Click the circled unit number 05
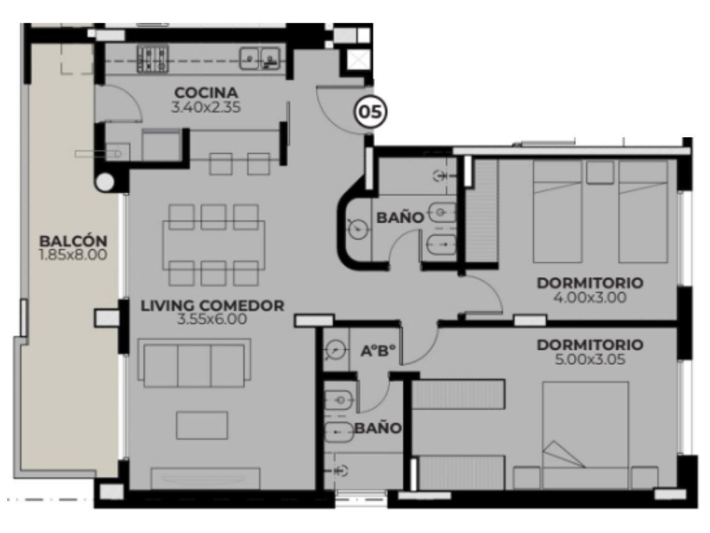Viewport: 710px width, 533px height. point(371,112)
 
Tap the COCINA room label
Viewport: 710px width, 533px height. point(206,93)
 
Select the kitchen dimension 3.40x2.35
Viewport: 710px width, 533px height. point(206,108)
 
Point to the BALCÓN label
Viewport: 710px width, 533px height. point(73,241)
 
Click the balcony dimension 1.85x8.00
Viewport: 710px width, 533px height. point(73,255)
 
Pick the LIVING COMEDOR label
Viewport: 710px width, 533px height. point(212,305)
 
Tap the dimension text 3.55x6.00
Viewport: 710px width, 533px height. point(212,319)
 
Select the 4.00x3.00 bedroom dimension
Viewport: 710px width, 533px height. point(590,298)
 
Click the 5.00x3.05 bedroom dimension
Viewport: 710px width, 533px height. point(590,360)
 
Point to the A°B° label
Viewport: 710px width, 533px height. point(378,351)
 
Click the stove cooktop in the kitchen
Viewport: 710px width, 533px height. point(153,58)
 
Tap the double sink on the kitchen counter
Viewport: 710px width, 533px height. point(260,58)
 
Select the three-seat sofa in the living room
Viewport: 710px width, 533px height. point(194,363)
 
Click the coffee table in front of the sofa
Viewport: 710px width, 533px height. point(202,425)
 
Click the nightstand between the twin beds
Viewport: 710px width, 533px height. point(600,173)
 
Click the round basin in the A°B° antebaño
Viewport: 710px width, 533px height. point(336,350)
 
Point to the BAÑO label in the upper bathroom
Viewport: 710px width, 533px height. point(400,218)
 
